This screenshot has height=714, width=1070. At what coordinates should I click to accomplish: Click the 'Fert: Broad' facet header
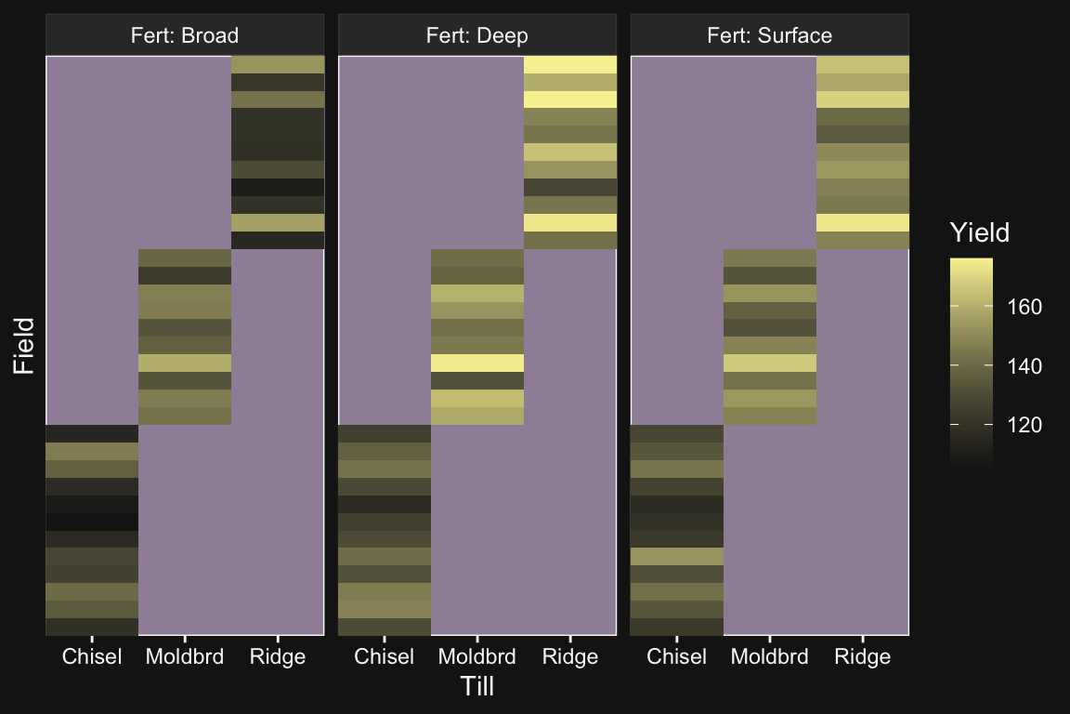[184, 36]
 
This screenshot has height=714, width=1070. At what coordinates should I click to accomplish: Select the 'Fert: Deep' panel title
[476, 36]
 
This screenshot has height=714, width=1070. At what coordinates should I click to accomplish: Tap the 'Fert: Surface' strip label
[769, 36]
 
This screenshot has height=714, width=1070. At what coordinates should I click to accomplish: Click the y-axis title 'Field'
[24, 345]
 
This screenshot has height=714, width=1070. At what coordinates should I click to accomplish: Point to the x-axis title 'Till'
[476, 687]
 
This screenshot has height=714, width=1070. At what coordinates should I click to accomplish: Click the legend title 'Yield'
[979, 232]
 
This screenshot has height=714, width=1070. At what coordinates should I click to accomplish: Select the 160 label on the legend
[1025, 307]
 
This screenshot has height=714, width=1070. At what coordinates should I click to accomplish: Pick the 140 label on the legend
[1025, 366]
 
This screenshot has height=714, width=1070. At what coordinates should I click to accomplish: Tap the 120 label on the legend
[1025, 425]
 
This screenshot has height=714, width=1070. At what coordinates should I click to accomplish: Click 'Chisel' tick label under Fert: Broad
[92, 657]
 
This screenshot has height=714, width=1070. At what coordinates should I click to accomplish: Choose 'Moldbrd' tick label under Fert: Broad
[185, 657]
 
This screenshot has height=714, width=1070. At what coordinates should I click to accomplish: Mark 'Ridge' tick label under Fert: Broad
[278, 657]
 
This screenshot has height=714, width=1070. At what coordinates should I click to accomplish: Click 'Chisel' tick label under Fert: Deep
[385, 657]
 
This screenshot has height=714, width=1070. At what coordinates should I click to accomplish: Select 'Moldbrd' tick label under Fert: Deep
[477, 657]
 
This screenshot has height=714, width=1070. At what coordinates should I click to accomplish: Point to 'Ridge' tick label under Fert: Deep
[570, 657]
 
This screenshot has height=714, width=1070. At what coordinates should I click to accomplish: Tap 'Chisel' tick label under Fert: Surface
[677, 657]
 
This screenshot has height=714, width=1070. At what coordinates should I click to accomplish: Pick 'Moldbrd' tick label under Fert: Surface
[770, 657]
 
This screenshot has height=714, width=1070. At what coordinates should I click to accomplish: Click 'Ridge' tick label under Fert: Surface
[863, 657]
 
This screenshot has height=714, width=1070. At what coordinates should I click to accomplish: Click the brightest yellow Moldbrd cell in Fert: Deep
[477, 363]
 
